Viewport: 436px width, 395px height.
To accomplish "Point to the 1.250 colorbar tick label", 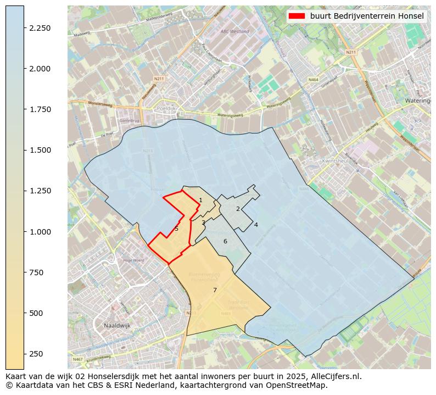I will [40, 191].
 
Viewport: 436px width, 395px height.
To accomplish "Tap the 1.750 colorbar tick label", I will [40, 110].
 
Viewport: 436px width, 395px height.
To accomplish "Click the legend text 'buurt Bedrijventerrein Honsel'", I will [367, 16].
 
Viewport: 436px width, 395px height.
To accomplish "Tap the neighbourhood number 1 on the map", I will [200, 201].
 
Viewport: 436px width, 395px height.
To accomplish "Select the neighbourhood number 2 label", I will [238, 209].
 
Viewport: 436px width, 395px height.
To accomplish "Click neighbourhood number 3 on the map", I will [203, 222].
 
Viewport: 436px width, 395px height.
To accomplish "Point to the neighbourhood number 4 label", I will [256, 225].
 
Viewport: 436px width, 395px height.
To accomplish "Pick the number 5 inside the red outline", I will [176, 229].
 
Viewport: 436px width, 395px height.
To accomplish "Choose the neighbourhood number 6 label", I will [225, 242].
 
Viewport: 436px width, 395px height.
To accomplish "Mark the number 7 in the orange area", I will [215, 290].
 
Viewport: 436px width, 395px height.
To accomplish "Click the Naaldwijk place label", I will [117, 326].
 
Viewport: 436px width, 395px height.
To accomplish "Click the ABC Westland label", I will [234, 32].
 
